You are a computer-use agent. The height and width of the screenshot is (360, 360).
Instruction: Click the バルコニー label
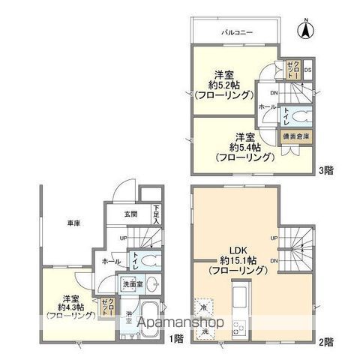coord(235,32)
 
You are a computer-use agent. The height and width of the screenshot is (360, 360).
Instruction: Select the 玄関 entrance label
coord(131,214)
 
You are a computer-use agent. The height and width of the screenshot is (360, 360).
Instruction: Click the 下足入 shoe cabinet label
coord(157,214)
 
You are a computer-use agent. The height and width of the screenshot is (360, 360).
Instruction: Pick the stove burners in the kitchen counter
coord(241,327)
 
